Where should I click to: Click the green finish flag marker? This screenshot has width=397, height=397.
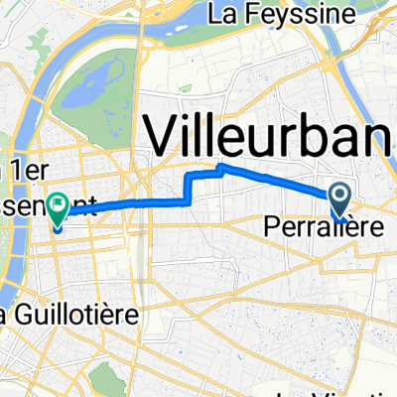57,207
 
